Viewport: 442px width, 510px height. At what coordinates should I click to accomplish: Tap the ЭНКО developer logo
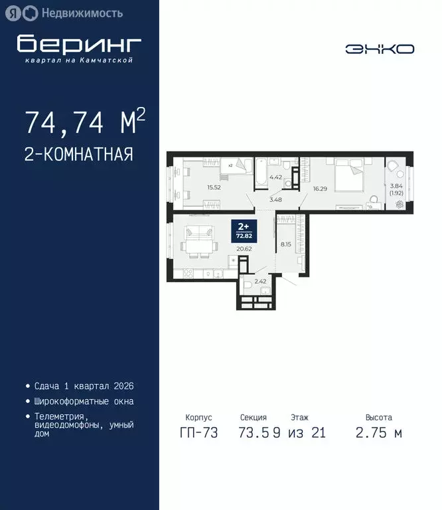380,48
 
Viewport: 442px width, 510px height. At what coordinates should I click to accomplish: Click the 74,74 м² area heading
84,122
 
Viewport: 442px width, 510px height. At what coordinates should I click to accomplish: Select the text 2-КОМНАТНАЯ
79,155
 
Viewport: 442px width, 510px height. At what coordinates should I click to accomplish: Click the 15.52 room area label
214,188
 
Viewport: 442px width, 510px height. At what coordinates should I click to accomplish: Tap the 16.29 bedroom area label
320,188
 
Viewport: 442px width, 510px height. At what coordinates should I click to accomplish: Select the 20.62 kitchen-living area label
244,249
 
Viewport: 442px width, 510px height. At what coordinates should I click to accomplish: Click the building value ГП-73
196,434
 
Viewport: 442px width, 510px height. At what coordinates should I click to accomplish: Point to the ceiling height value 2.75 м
379,434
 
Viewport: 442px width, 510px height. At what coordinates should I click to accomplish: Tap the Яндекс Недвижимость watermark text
82,13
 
